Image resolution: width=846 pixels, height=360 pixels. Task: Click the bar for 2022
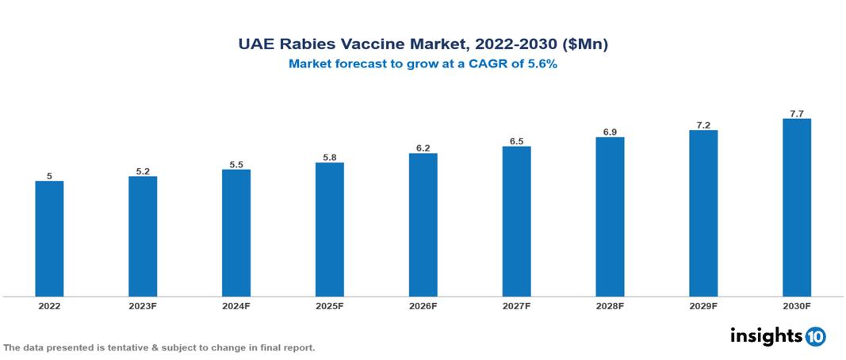(49, 239)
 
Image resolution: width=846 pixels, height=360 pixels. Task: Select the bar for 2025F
(329, 229)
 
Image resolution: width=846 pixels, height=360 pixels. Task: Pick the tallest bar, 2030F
(796, 208)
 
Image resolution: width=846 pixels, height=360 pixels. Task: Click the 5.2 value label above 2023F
(143, 170)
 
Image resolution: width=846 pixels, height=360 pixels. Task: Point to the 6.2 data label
(423, 147)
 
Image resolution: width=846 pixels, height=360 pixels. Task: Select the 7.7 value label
(796, 113)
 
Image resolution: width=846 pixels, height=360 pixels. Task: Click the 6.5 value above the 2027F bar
(516, 141)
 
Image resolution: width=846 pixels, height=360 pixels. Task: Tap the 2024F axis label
(236, 305)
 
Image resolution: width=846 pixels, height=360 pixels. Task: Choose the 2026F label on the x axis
(423, 305)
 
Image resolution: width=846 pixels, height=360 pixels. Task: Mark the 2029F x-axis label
(703, 305)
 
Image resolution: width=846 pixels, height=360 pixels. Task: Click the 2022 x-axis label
(49, 305)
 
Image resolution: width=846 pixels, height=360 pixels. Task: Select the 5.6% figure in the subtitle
(542, 64)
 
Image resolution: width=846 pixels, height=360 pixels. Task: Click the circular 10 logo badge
(815, 336)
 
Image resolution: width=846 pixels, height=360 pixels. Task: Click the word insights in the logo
(766, 335)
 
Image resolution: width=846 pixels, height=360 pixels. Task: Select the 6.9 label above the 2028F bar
(610, 132)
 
